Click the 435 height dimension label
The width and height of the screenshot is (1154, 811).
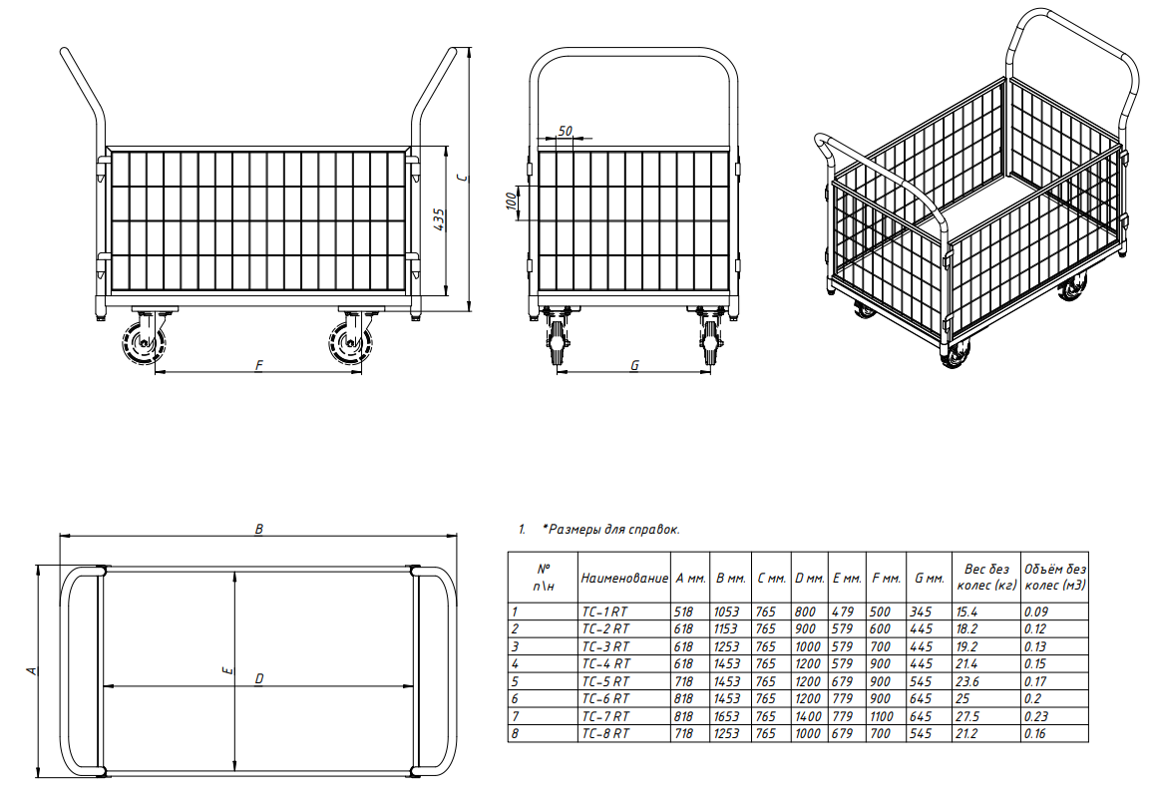coord(440,220)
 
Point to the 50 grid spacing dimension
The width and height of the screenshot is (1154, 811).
coord(565,131)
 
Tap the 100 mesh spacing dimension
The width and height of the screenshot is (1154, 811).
coord(511,202)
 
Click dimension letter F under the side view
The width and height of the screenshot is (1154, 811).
coord(259,365)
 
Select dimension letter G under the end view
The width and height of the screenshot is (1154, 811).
coord(634,365)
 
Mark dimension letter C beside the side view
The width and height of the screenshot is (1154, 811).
coord(462,178)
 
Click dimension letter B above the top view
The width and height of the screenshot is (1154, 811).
coord(258,529)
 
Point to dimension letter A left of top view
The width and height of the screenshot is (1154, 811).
coord(31,670)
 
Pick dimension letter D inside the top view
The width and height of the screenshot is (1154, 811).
coord(259,678)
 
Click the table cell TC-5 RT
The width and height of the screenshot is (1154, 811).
coord(605,681)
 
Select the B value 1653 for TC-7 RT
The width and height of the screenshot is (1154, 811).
coord(726,716)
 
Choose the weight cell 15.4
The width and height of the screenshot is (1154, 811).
coord(966,611)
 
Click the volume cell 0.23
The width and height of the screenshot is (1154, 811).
coord(1035,716)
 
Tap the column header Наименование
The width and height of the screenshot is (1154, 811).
coord(624,579)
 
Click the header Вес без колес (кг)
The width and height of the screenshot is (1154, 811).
coord(986,577)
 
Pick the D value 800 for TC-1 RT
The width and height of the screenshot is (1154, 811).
coord(805,611)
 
